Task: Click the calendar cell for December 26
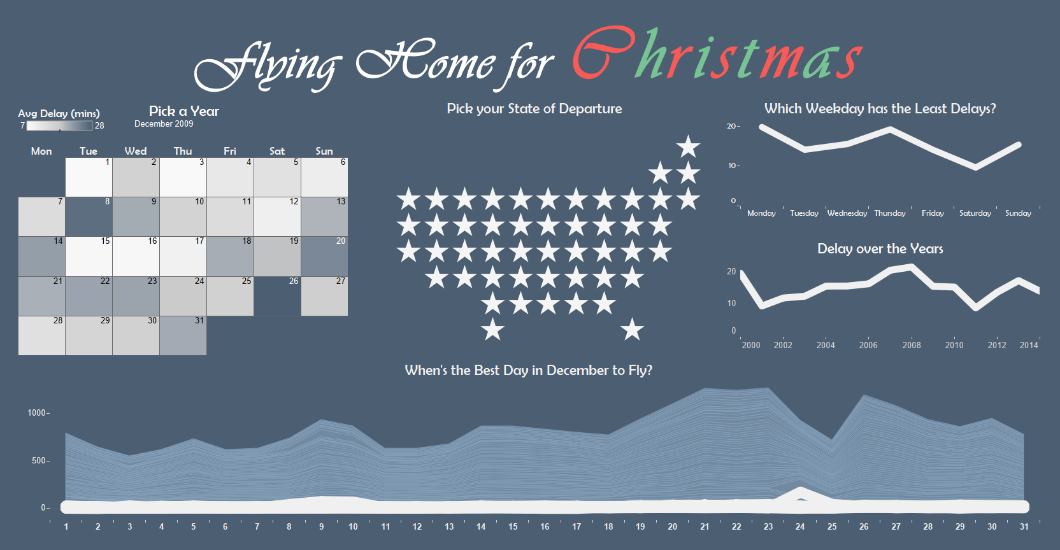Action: tap(277, 296)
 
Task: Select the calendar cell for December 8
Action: tap(89, 216)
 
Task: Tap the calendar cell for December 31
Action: tap(183, 335)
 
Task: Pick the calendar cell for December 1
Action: tap(89, 177)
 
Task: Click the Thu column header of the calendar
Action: tap(183, 151)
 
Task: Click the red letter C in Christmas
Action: tap(601, 54)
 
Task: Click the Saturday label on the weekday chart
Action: tap(975, 213)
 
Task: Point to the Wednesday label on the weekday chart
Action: tap(847, 213)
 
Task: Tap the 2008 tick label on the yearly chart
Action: tap(911, 345)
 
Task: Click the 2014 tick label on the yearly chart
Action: tap(1028, 345)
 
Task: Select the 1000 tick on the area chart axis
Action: tap(37, 412)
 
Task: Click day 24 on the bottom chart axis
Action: tap(800, 526)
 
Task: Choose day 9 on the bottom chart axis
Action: tap(321, 526)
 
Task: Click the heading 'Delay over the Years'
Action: tap(880, 249)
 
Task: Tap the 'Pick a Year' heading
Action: tap(183, 111)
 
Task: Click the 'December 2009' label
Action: tap(164, 124)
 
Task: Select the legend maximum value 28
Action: tap(99, 125)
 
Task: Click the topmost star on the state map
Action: tap(688, 146)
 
